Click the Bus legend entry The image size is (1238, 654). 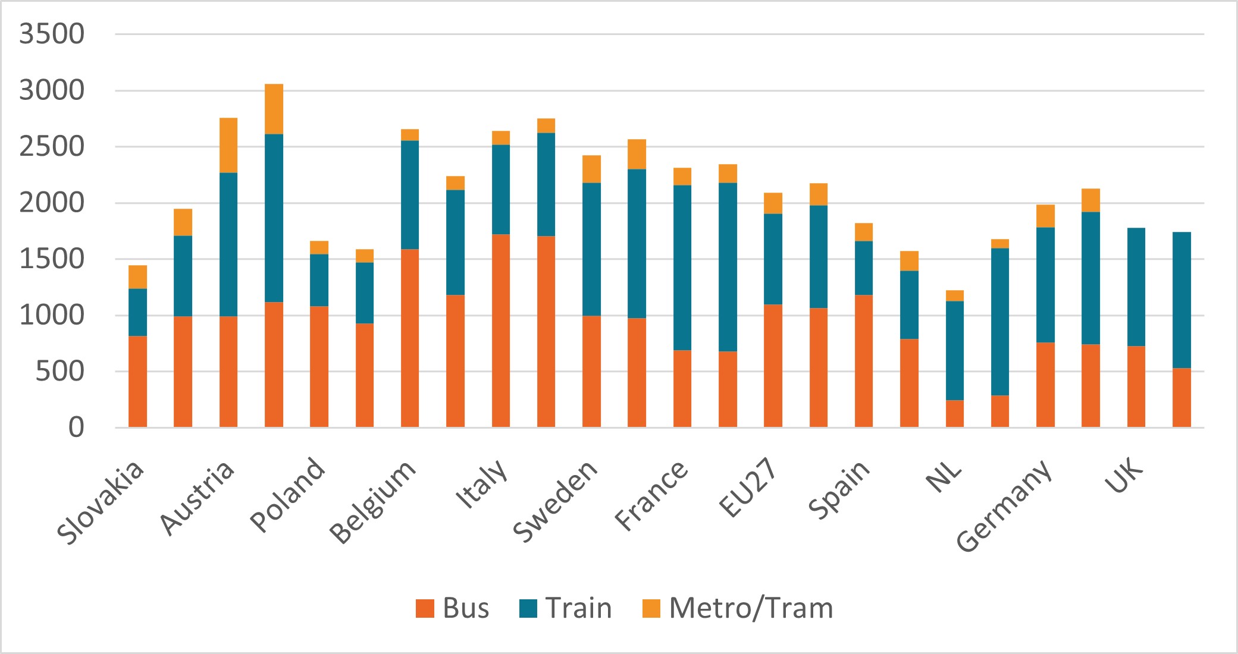452,608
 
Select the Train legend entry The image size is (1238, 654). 565,608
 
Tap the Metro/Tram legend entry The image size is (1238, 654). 738,608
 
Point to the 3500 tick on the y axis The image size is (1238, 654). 52,34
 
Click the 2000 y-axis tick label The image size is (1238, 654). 52,203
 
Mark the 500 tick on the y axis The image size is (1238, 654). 59,372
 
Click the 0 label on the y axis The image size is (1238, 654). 76,427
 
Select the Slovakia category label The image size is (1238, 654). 101,502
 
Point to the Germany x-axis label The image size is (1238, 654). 1005,505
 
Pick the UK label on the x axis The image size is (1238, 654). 1125,476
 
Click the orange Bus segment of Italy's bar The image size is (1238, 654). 501,331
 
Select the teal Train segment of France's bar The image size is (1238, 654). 682,268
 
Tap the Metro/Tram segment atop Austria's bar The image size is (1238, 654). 228,145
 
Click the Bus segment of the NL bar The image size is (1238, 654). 955,414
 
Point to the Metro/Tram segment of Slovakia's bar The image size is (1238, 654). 137,276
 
